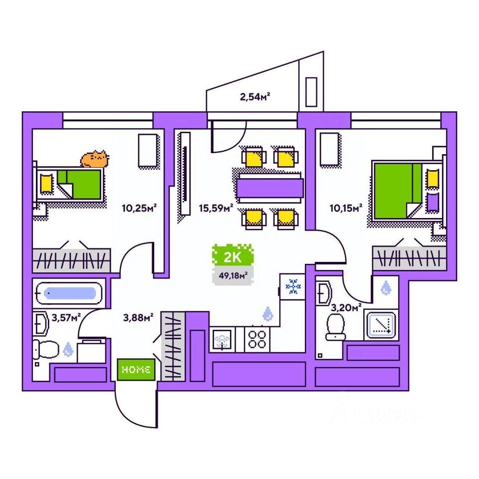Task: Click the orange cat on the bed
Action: click(95, 159)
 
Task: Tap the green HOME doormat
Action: click(136, 370)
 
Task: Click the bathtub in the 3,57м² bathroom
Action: click(70, 293)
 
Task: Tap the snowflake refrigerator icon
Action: click(293, 286)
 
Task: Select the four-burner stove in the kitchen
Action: click(257, 339)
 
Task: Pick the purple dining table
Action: click(269, 186)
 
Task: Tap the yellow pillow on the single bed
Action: click(46, 183)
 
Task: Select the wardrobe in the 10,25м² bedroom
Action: click(70, 259)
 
